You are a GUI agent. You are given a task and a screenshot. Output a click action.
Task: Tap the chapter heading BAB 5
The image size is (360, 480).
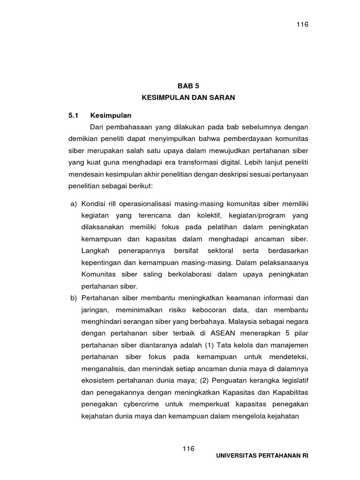coord(188,86)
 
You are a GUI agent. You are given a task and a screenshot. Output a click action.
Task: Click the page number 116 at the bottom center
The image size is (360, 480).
coord(188,449)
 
